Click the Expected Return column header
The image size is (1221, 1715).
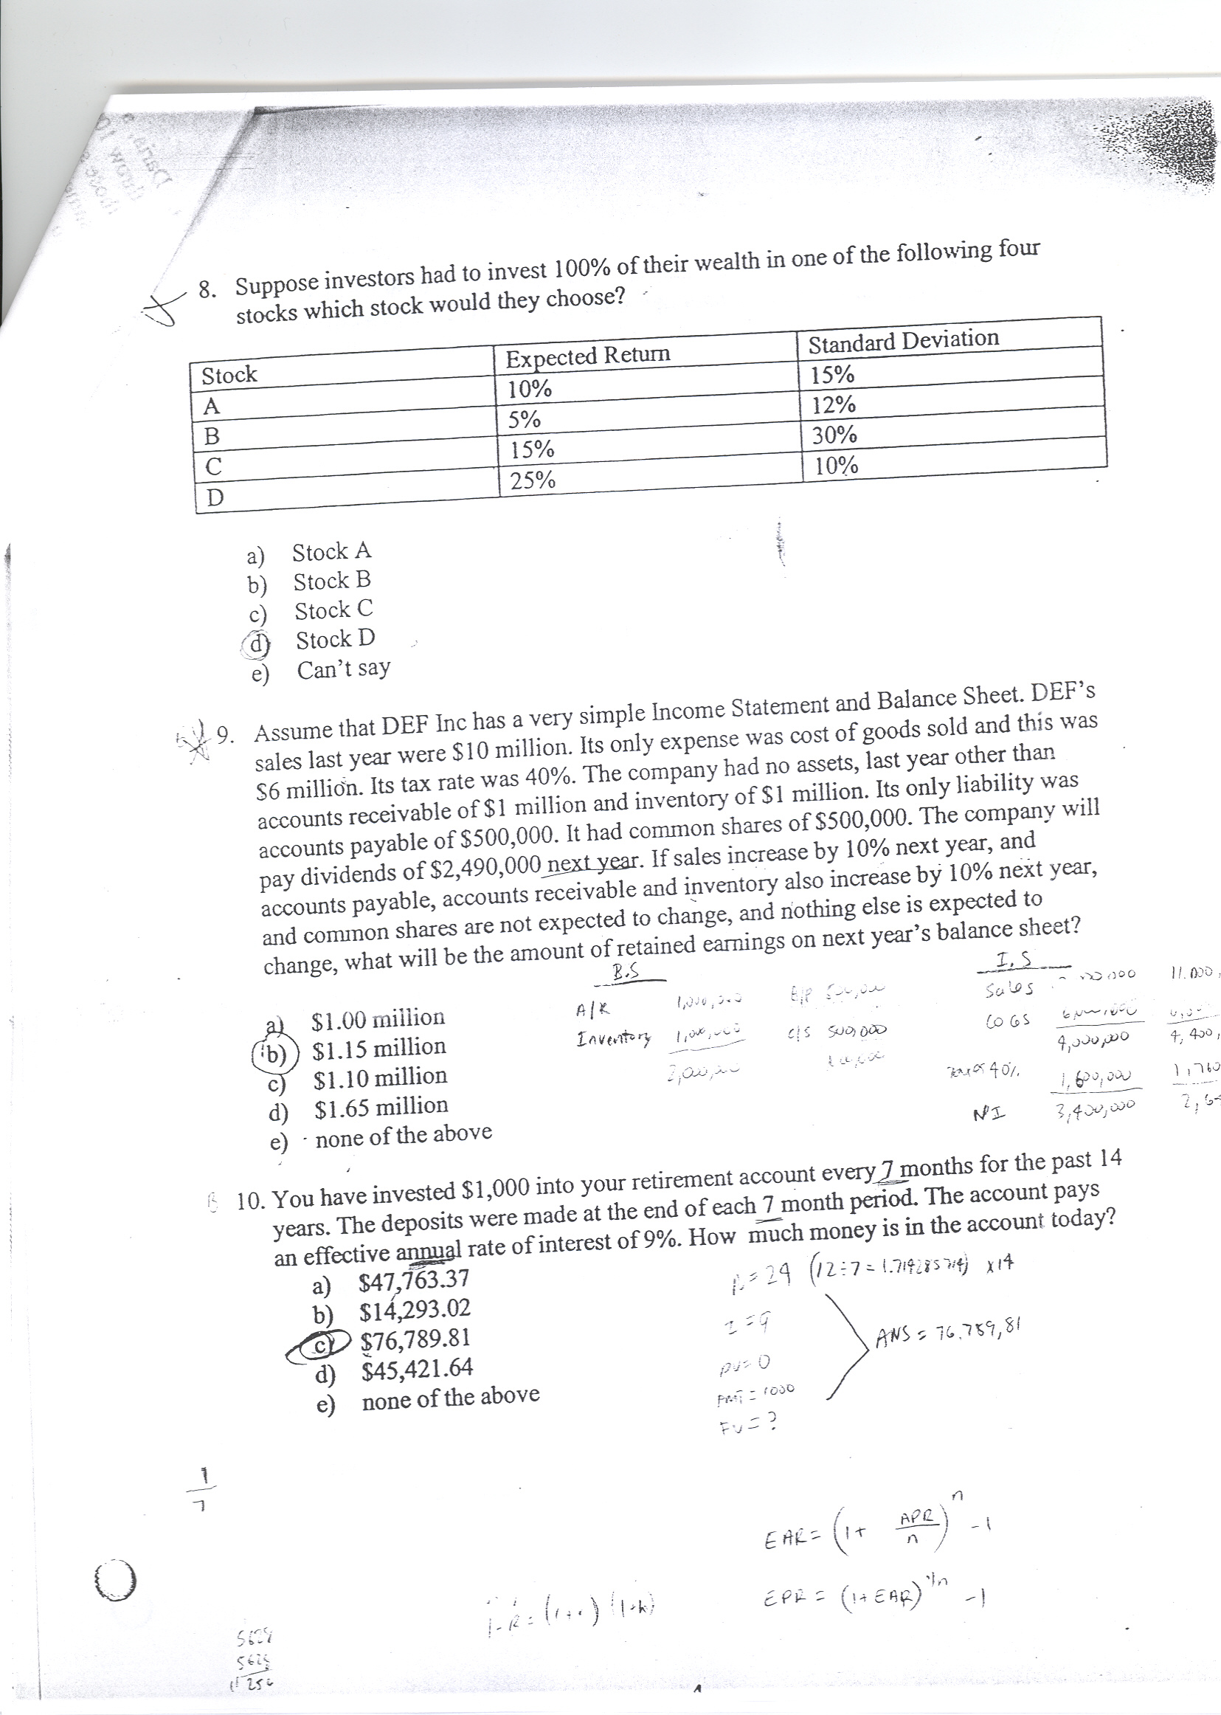pos(587,355)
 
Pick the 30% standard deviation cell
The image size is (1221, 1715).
pos(834,435)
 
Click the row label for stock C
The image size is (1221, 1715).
pos(213,466)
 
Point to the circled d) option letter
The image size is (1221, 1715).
pos(258,643)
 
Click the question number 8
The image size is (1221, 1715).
pos(206,289)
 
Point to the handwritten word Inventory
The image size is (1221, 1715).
pos(612,1040)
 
